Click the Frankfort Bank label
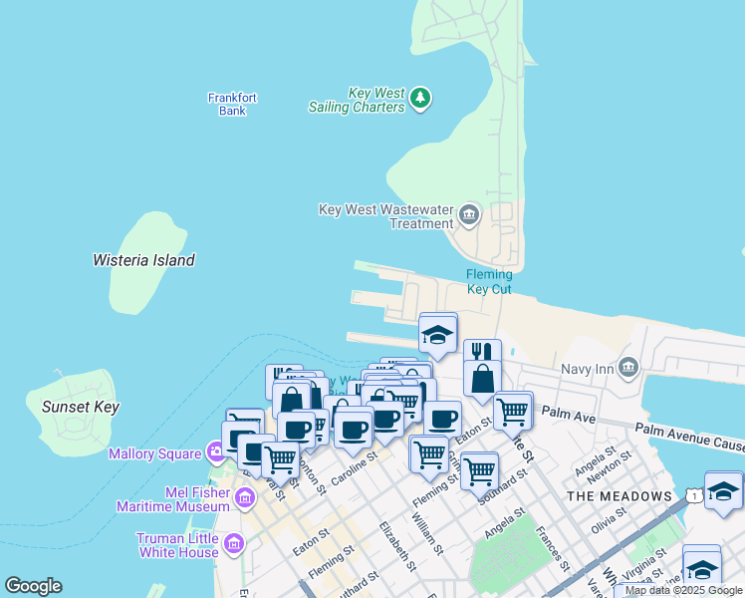click(x=232, y=104)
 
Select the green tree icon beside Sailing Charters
click(x=421, y=97)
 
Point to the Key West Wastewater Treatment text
click(x=385, y=216)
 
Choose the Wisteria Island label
click(x=143, y=260)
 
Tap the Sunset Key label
click(x=81, y=407)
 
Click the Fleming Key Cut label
click(x=489, y=282)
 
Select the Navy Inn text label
click(x=587, y=369)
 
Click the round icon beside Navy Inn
click(x=627, y=368)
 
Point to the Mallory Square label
click(x=159, y=454)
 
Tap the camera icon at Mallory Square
click(x=216, y=453)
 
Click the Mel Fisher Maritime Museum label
click(x=175, y=498)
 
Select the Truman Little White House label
click(x=177, y=545)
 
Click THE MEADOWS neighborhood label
click(x=619, y=496)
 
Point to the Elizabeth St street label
click(x=395, y=545)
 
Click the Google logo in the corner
click(x=33, y=586)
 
